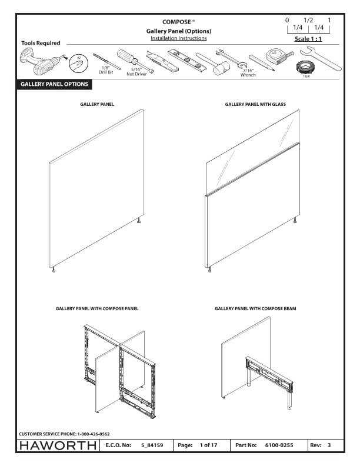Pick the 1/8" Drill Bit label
click(106, 72)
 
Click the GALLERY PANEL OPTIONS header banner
click(54, 85)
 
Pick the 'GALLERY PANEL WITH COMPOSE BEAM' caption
click(255, 308)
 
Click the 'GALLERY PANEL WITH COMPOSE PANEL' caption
click(96, 308)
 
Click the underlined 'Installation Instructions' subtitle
click(178, 38)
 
